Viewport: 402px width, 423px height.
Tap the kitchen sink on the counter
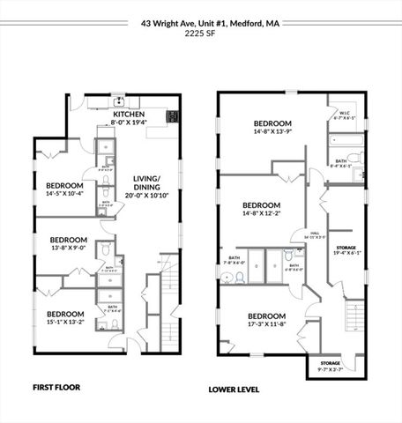click(117, 101)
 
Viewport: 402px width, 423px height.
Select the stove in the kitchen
click(173, 115)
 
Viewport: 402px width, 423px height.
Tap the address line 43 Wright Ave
click(201, 26)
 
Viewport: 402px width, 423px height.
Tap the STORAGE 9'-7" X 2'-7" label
click(331, 366)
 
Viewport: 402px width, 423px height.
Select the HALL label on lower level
click(315, 234)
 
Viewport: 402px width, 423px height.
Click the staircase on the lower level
click(354, 315)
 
